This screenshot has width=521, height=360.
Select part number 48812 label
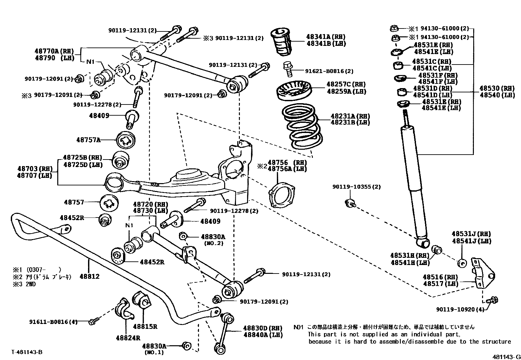(89, 276)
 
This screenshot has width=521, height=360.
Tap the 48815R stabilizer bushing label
(145, 327)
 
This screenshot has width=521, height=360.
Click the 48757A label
(88, 140)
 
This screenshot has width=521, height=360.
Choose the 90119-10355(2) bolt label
(356, 187)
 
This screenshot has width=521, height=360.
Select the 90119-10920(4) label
(460, 309)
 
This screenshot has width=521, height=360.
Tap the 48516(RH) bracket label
(440, 277)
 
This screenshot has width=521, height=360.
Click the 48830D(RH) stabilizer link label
(262, 328)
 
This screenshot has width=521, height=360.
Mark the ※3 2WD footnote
(24, 284)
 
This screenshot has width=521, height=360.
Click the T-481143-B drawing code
(27, 352)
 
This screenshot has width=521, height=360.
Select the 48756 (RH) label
(287, 162)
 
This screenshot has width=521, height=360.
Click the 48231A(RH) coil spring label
(350, 116)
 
